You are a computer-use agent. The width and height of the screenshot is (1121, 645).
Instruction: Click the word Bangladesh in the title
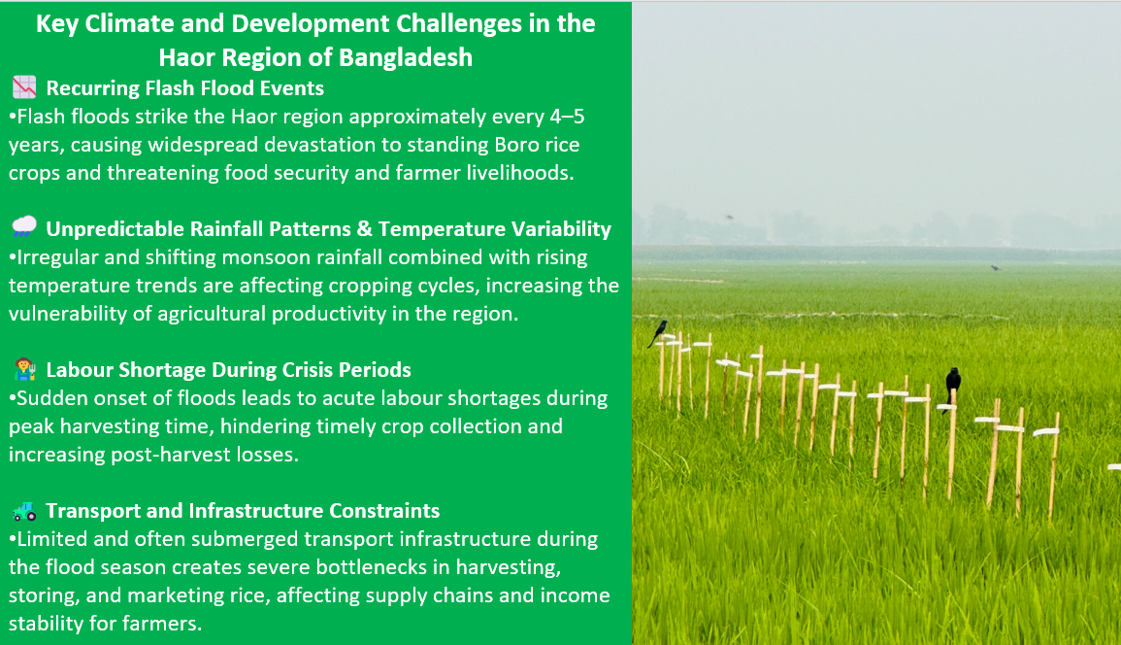[406, 57]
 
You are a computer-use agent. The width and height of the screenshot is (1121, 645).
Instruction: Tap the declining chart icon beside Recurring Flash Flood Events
[24, 87]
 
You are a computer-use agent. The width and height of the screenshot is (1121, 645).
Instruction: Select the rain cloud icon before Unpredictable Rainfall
[24, 227]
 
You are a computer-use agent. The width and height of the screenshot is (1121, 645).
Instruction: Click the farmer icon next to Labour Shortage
[25, 369]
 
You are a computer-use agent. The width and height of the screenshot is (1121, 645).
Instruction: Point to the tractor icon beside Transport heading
[25, 510]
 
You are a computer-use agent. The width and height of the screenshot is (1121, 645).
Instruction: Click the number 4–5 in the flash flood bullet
[567, 116]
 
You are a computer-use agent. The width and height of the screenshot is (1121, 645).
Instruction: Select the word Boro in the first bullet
[516, 145]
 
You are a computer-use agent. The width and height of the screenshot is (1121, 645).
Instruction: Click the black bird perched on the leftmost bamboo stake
[658, 333]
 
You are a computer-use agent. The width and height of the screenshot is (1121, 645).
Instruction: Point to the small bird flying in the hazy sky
[729, 217]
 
